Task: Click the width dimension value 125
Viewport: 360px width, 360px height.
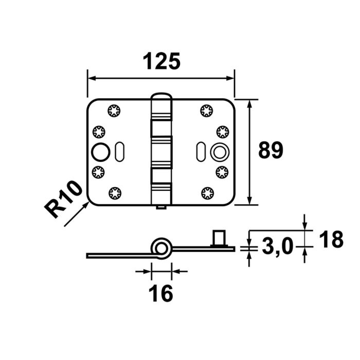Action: click(x=161, y=61)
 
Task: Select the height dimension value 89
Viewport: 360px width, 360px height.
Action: click(x=271, y=151)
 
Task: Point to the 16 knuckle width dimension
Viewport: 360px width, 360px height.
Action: click(x=161, y=294)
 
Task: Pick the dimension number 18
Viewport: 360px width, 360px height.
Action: click(x=330, y=240)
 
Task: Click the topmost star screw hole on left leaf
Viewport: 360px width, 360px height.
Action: click(x=114, y=110)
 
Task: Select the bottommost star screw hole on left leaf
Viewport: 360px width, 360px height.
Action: click(x=114, y=193)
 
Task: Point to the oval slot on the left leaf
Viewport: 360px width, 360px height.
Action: click(x=120, y=152)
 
